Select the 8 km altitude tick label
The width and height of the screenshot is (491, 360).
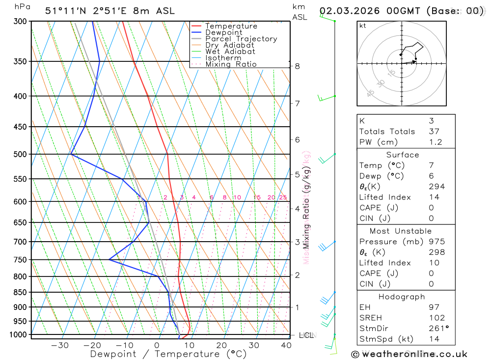tap(298, 66)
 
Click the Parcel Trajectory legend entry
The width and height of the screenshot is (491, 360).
tap(241, 39)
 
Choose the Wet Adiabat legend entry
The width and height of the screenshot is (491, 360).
tap(230, 52)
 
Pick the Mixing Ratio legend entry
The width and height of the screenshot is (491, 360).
tap(231, 64)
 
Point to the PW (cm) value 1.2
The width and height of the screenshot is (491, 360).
tap(435, 142)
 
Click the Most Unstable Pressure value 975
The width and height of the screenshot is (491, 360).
tap(436, 242)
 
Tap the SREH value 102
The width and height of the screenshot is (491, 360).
tap(436, 318)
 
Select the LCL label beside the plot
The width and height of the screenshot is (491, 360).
tap(306, 335)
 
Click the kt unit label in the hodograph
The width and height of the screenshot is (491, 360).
tap(363, 26)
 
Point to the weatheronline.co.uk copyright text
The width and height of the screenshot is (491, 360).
tap(409, 354)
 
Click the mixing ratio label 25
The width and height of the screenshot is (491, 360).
tap(283, 197)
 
